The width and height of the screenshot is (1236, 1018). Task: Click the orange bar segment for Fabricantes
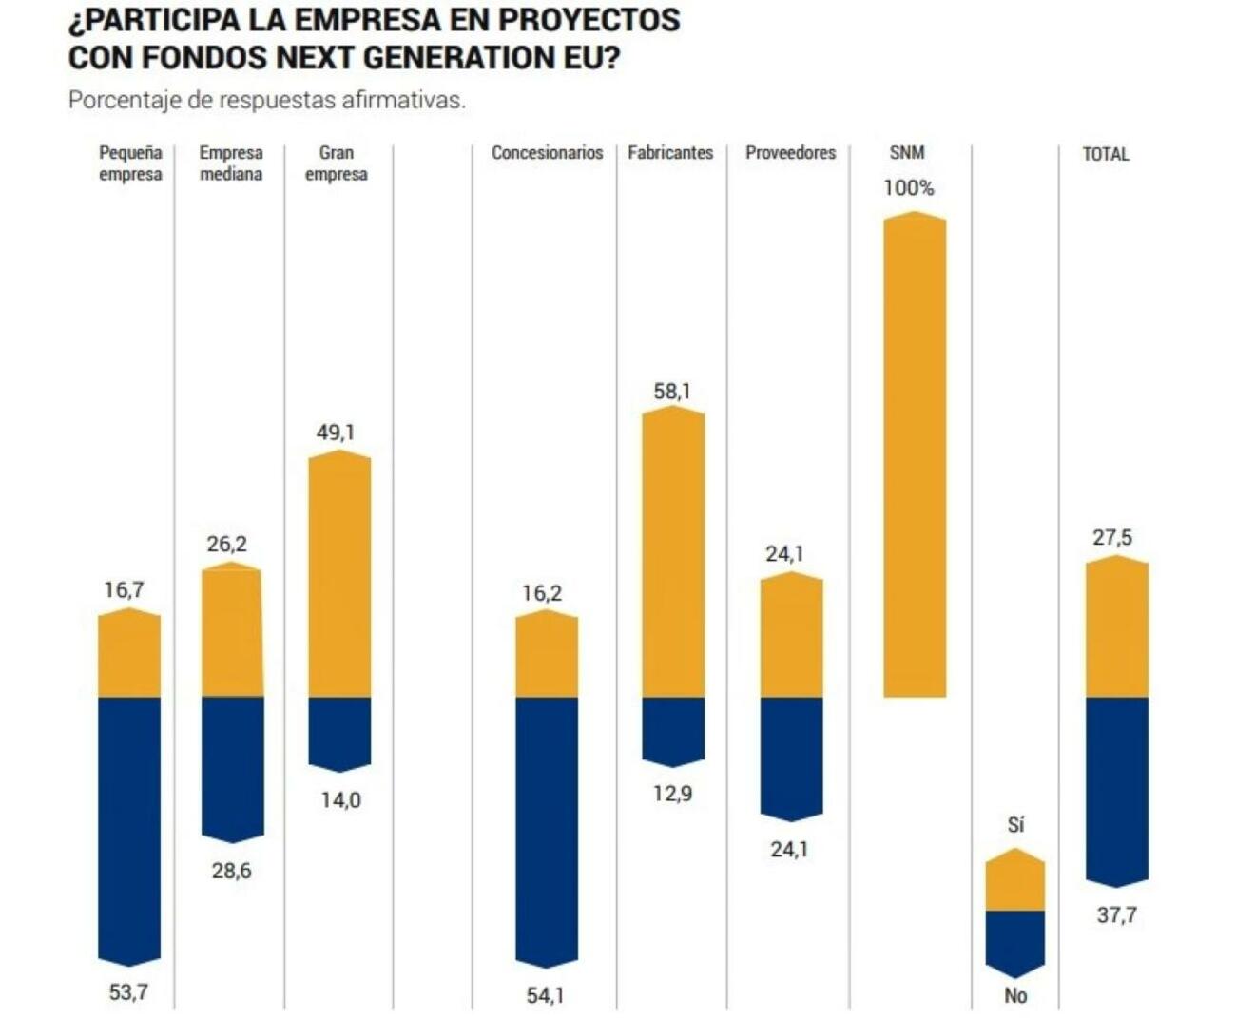pos(673,553)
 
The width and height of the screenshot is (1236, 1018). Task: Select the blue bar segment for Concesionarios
pos(547,831)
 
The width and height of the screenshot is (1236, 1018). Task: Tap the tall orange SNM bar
pos(915,454)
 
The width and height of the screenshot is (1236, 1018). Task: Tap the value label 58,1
pos(672,391)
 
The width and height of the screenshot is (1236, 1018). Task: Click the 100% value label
pos(909,188)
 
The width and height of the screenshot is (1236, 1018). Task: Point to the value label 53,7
pos(128,992)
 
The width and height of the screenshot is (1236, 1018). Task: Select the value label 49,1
pos(336,432)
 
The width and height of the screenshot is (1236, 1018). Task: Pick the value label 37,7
pos(1116,915)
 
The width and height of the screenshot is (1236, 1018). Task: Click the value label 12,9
pos(672,794)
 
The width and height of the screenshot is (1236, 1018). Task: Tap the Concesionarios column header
pos(547,153)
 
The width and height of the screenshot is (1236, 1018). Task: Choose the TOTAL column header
pos(1106,154)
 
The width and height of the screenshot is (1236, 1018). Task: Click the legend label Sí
pos(1015,825)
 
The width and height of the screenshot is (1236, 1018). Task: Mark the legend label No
pos(1015,995)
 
